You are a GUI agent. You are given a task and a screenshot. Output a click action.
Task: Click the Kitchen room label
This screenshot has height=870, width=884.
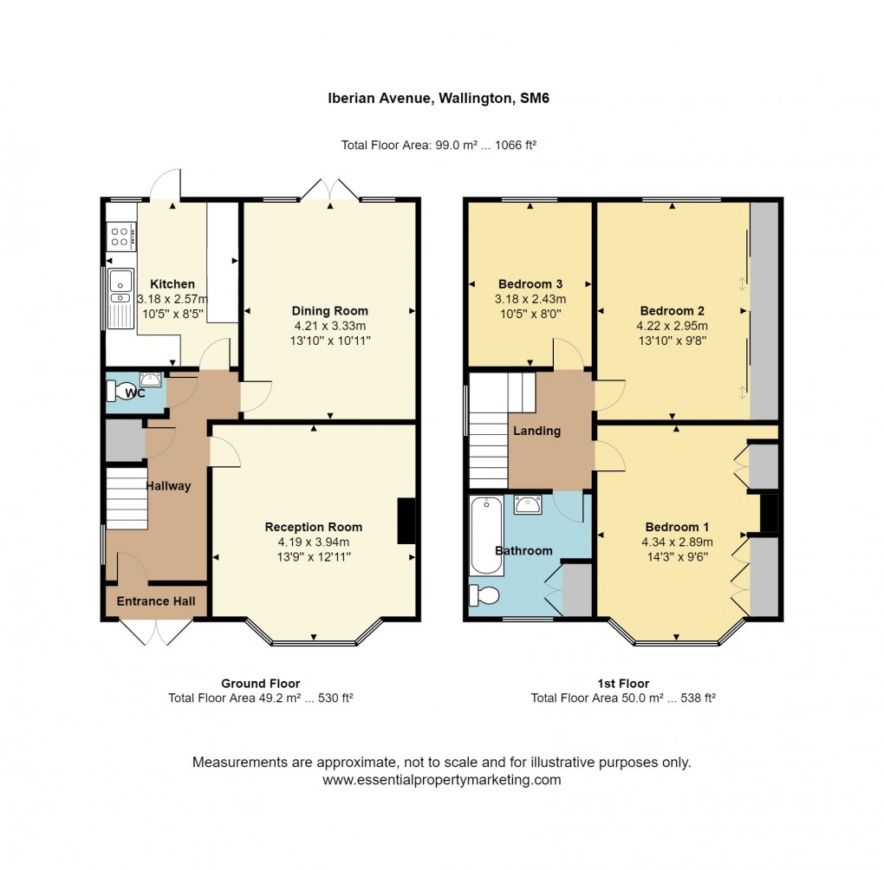(x=172, y=284)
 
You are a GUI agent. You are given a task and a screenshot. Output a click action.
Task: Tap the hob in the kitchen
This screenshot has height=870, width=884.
(x=120, y=236)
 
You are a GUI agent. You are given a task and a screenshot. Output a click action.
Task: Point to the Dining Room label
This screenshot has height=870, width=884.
(x=329, y=311)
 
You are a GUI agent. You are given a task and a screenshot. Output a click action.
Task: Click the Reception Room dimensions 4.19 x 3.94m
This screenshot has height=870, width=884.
(x=313, y=542)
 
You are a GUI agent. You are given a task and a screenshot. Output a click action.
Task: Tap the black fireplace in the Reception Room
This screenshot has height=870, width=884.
(x=406, y=521)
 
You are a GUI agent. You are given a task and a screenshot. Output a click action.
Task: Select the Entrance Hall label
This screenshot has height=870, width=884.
(x=156, y=601)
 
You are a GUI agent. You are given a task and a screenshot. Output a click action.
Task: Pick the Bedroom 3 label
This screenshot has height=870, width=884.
(x=530, y=284)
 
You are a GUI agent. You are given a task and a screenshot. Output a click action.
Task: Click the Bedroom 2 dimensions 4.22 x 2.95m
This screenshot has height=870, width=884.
(x=672, y=327)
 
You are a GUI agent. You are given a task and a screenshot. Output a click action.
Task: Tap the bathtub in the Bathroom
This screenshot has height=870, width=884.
(x=486, y=535)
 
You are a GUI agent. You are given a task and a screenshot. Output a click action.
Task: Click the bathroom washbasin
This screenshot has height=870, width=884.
(x=528, y=504)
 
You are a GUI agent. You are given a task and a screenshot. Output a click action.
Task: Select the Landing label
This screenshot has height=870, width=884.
(x=536, y=431)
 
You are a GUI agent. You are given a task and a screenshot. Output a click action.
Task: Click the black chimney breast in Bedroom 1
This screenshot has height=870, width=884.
(x=769, y=514)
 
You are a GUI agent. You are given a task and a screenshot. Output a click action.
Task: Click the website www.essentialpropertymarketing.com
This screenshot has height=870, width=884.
(x=441, y=780)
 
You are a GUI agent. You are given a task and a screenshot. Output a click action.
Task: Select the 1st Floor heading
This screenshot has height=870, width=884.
(x=622, y=684)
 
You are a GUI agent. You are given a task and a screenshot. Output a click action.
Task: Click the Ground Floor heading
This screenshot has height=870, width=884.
(x=260, y=684)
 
